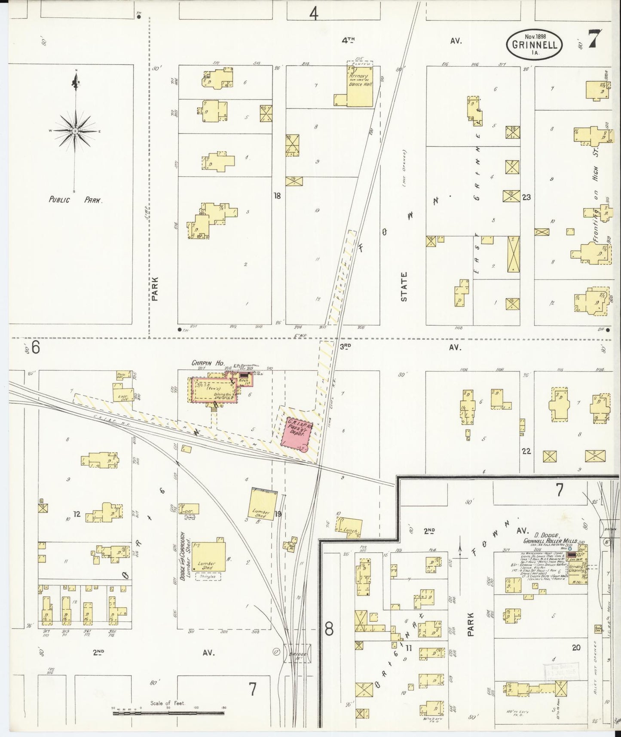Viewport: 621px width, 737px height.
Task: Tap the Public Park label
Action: pos(76,200)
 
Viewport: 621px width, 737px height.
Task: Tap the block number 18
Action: pos(277,196)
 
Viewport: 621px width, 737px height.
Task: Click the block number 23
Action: pos(526,197)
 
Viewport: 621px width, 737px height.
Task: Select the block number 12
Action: pos(76,514)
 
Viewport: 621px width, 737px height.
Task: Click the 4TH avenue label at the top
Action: pos(348,40)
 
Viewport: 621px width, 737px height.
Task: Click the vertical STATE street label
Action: pos(404,286)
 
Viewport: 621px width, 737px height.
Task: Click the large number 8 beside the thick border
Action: pos(329,629)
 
